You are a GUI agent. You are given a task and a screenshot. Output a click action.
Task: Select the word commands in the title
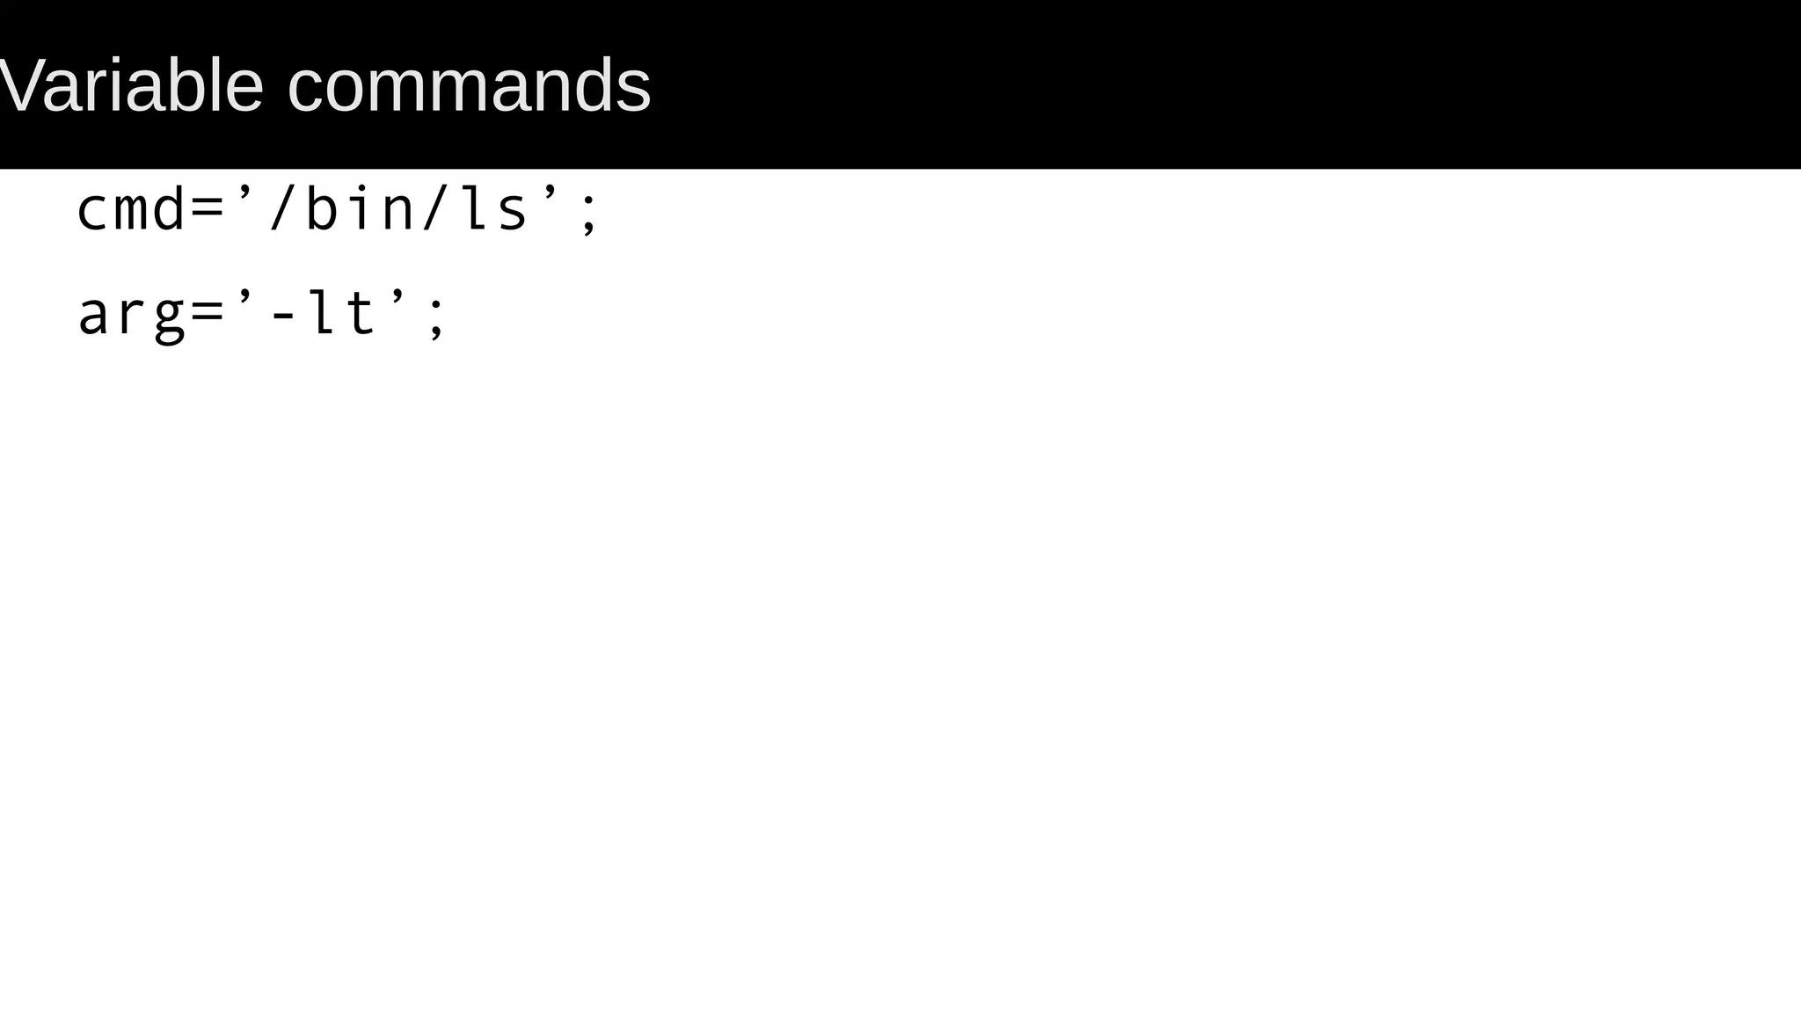click(469, 86)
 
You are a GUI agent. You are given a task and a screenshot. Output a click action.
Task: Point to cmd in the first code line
click(132, 211)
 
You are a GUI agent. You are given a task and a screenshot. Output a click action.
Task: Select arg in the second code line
click(132, 315)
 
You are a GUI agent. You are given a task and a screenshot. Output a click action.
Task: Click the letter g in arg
click(170, 318)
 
